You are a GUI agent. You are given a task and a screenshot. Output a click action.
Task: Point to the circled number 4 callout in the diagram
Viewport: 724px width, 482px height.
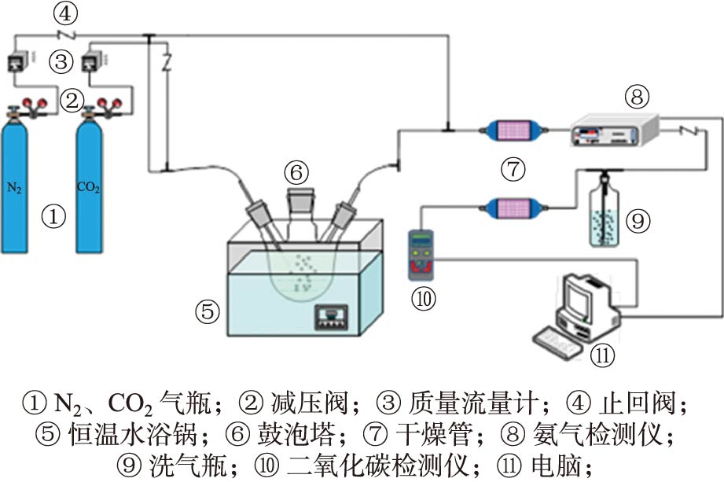point(64,13)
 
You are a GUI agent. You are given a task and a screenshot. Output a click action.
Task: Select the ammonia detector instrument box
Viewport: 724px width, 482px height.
point(614,130)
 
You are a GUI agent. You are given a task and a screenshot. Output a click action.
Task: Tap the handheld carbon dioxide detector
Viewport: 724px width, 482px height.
point(423,254)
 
